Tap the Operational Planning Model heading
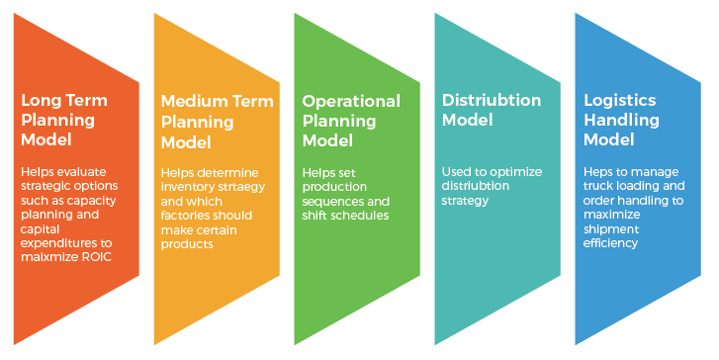pos(351,120)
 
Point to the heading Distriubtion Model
pos(492,110)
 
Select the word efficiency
pos(610,242)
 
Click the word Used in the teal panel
pos(456,171)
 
